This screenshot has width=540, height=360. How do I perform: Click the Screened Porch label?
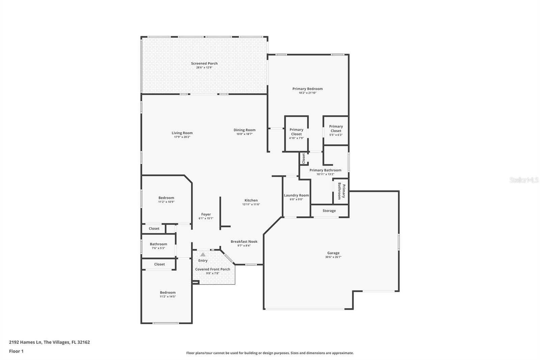[x=204, y=63]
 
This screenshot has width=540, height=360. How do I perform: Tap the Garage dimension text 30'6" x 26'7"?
[x=333, y=257]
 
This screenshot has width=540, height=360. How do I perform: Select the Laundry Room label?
[x=296, y=195]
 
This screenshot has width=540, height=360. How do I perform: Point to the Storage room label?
[x=329, y=211]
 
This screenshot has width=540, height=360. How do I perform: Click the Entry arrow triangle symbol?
[x=203, y=255]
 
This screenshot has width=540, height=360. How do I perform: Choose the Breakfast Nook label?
[x=244, y=241]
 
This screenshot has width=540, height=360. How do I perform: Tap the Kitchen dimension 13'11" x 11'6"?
[x=251, y=204]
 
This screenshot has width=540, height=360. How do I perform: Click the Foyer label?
[x=206, y=214]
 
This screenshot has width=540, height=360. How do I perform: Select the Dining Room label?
[x=244, y=130]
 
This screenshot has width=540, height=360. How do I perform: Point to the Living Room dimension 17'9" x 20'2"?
[x=182, y=137]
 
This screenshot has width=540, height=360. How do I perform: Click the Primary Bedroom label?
[x=307, y=89]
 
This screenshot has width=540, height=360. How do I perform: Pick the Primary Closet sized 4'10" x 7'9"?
[x=296, y=132]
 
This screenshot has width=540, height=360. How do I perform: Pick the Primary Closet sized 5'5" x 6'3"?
[x=336, y=129]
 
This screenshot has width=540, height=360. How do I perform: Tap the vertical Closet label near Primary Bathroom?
[x=303, y=158]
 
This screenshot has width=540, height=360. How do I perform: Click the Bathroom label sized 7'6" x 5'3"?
[x=158, y=244]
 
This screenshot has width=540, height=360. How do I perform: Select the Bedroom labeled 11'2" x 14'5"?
[x=168, y=292]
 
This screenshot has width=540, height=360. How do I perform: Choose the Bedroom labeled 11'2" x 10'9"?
[x=166, y=198]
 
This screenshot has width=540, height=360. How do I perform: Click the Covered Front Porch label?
[x=213, y=269]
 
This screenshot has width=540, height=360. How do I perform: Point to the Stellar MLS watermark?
[x=524, y=180]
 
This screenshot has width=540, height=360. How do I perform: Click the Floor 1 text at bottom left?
[x=16, y=351]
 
